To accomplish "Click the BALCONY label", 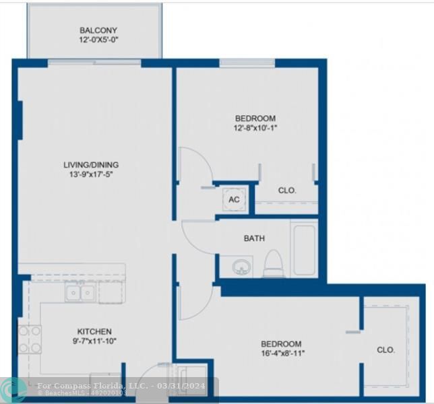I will pyautogui.click(x=98, y=30).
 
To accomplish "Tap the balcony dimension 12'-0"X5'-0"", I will pyautogui.click(x=98, y=40).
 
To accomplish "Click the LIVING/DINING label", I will pyautogui.click(x=91, y=165).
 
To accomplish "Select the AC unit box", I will pyautogui.click(x=234, y=199).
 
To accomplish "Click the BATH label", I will pyautogui.click(x=254, y=238).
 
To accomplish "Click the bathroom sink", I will pyautogui.click(x=241, y=267).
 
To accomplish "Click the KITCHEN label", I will pyautogui.click(x=94, y=331).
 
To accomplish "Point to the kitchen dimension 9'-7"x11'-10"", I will pyautogui.click(x=94, y=342).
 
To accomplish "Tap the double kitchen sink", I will pyautogui.click(x=80, y=292).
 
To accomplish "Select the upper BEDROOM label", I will pyautogui.click(x=255, y=119).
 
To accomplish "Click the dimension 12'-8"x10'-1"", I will pyautogui.click(x=255, y=129).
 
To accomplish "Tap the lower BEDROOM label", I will pyautogui.click(x=281, y=343).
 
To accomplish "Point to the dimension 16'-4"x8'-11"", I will pyautogui.click(x=281, y=353).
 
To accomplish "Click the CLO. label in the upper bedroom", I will pyautogui.click(x=287, y=191).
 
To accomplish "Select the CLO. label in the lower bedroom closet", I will pyautogui.click(x=385, y=350).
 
